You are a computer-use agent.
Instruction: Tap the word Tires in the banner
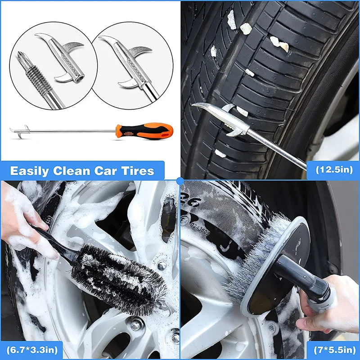[138, 171]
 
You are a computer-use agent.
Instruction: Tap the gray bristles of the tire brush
[252, 265]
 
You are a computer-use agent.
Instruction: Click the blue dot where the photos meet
[180, 180]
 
